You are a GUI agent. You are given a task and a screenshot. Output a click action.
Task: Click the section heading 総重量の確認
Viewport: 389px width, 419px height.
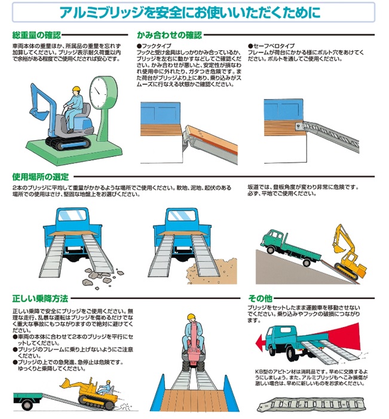coord(36,35)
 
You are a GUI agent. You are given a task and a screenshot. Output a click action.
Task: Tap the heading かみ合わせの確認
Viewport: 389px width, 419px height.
coord(169,35)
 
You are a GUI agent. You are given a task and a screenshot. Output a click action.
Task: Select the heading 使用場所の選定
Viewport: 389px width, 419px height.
coord(41,177)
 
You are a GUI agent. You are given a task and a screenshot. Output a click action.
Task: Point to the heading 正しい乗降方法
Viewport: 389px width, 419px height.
coord(40,298)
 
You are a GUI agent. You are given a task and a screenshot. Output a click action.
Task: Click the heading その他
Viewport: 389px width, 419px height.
coord(260,298)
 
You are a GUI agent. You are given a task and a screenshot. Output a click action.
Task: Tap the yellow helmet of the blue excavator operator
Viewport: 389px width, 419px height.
coord(76,89)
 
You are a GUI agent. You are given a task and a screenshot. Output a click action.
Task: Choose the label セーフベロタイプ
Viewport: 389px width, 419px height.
coord(271,46)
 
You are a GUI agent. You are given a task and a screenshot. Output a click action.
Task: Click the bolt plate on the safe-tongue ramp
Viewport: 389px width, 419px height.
coord(298,126)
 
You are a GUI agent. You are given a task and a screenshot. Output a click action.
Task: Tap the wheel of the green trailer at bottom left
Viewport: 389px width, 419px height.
coord(27,405)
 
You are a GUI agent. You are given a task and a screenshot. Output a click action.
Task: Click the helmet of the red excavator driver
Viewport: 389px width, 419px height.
coord(191,317)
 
